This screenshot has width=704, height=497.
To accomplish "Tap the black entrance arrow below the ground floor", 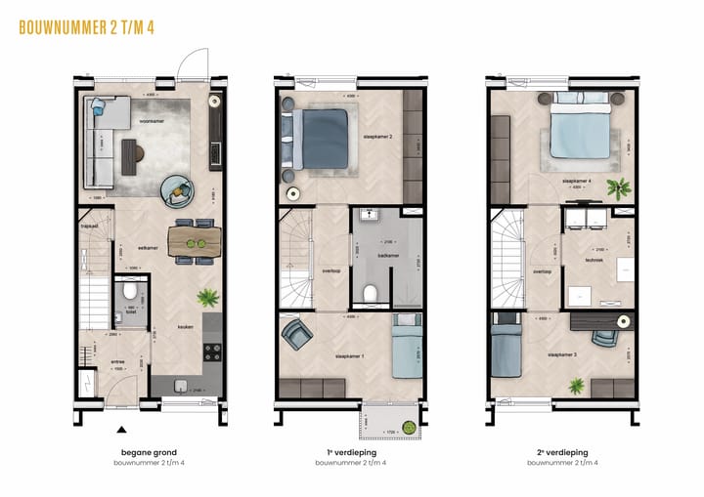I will (121, 429).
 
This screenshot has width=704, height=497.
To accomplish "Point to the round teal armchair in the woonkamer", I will (177, 189).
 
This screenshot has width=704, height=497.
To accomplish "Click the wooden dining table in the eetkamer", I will (195, 241).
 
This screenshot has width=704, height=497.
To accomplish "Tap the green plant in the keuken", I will (207, 298).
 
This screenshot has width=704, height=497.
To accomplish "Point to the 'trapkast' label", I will (90, 226).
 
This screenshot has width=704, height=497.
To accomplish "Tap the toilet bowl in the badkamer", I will (370, 292).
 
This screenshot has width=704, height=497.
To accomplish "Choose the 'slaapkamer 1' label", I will (349, 357).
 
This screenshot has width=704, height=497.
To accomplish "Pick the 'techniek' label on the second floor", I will (594, 261).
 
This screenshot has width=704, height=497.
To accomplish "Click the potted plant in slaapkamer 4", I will (616, 188).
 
